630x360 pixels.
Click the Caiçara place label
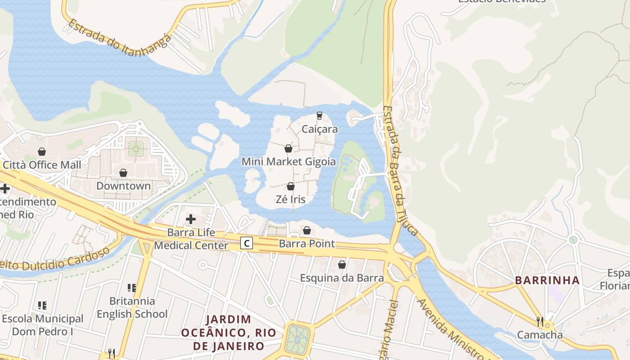pyautogui.click(x=319, y=129)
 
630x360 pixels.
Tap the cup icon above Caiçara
pyautogui.click(x=319, y=116)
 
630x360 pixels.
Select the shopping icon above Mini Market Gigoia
pyautogui.click(x=288, y=148)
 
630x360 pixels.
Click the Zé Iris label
pyautogui.click(x=291, y=199)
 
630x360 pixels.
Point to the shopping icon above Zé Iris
pyautogui.click(x=291, y=186)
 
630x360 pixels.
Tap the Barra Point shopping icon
pyautogui.click(x=307, y=230)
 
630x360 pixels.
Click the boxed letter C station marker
pyautogui.click(x=246, y=243)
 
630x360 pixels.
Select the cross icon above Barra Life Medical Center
pyautogui.click(x=191, y=219)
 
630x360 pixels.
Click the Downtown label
pyautogui.click(x=123, y=186)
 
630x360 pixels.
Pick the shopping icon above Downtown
pyautogui.click(x=123, y=173)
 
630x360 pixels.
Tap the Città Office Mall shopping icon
pyautogui.click(x=42, y=152)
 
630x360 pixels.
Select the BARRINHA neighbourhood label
pyautogui.click(x=547, y=280)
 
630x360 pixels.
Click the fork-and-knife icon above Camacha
pyautogui.click(x=540, y=321)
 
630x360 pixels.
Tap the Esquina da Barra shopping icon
pyautogui.click(x=342, y=265)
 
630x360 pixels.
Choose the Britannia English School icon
pyautogui.click(x=132, y=288)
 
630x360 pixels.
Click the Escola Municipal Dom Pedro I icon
pyautogui.click(x=42, y=306)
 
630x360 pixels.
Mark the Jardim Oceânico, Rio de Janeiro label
pyautogui.click(x=222, y=333)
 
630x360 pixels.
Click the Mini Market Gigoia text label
pyautogui.click(x=288, y=162)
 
